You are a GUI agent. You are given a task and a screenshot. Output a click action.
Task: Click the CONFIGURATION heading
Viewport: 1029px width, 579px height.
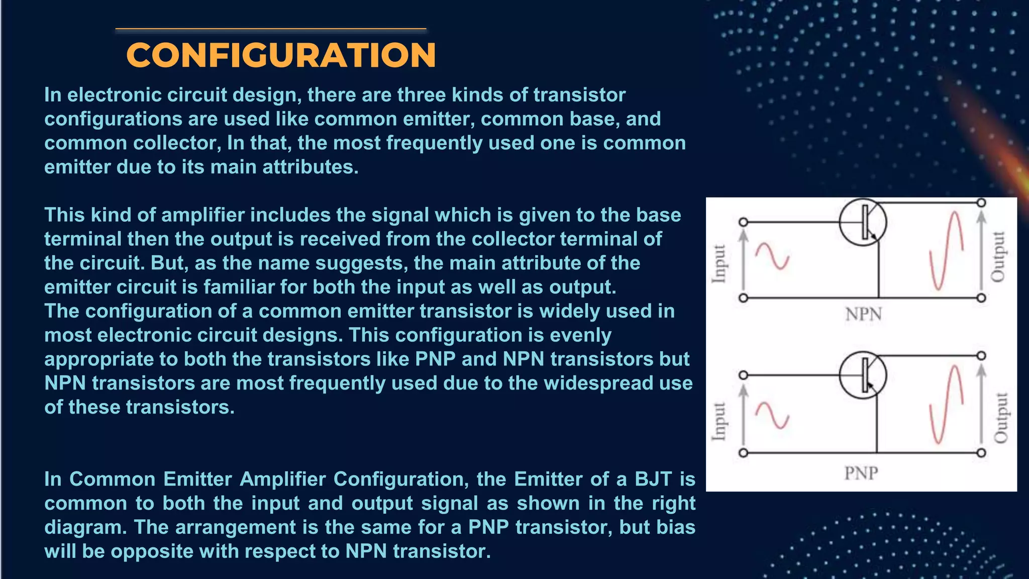(x=281, y=55)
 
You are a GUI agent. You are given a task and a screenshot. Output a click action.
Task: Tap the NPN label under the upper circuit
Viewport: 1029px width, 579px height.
(x=863, y=315)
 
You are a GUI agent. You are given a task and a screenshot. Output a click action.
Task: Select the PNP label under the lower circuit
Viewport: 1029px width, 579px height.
(x=861, y=473)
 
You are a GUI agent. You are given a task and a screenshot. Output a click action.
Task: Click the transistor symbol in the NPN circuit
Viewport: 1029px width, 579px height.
(x=863, y=222)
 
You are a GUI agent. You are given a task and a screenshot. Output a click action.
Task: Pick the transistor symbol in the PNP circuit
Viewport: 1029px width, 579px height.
(x=863, y=375)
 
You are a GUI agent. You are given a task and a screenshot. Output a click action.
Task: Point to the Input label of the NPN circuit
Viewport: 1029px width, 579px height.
(x=719, y=263)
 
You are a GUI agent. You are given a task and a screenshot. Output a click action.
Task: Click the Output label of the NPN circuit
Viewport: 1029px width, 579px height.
(x=998, y=256)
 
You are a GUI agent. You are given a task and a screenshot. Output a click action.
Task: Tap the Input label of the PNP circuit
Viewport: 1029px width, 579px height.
(x=719, y=421)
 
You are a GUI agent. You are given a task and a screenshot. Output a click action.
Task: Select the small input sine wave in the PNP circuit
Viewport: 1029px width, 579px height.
(x=773, y=415)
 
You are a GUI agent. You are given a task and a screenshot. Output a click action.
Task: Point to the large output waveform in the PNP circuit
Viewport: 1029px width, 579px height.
(x=946, y=405)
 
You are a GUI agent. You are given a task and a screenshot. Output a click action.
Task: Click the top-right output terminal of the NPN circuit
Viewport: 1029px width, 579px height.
(x=981, y=203)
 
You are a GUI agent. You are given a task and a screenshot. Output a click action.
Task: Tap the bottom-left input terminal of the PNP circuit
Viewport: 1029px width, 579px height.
(x=743, y=453)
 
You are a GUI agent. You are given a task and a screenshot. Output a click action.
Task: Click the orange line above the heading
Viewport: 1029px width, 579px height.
(x=271, y=29)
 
